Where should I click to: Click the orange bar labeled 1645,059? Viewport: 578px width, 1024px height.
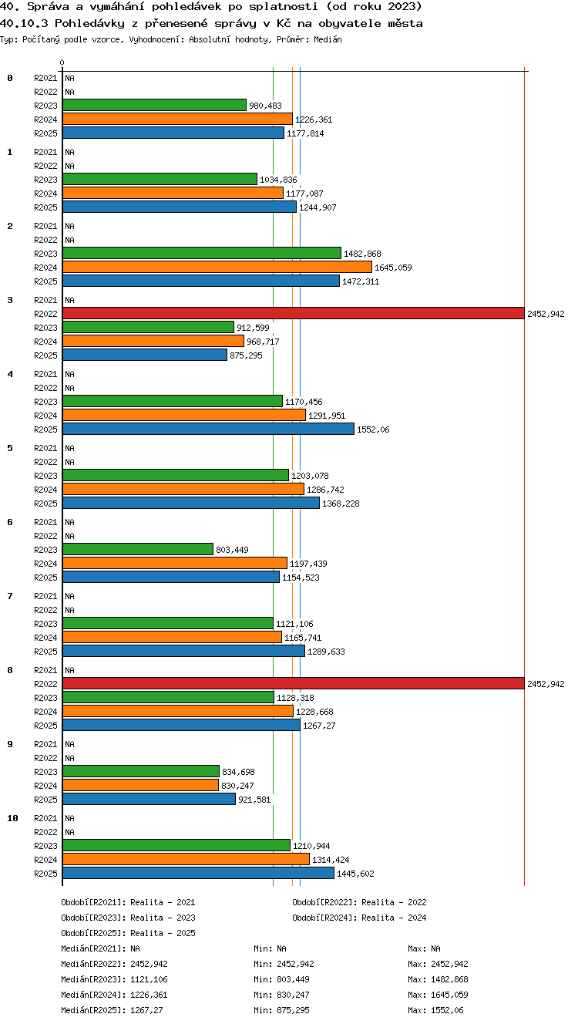click(x=217, y=267)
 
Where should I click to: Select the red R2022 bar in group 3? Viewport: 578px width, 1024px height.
click(x=294, y=313)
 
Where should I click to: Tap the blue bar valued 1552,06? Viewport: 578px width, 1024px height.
click(x=208, y=429)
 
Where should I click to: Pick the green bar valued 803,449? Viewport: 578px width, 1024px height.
click(x=138, y=549)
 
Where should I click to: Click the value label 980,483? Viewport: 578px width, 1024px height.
click(x=265, y=106)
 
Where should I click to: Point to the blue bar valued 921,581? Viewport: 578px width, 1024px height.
click(x=149, y=799)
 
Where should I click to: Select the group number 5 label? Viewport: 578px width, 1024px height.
click(x=10, y=448)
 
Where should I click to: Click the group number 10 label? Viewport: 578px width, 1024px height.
click(x=12, y=818)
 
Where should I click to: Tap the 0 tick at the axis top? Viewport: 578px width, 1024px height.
click(x=62, y=62)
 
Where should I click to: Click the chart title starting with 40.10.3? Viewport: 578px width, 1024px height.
click(x=211, y=23)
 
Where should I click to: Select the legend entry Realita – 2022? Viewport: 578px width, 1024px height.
click(x=359, y=902)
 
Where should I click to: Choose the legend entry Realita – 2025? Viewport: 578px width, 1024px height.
click(x=128, y=932)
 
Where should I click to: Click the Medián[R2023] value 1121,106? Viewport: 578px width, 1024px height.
click(x=149, y=979)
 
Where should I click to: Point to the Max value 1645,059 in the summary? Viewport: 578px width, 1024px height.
click(x=449, y=994)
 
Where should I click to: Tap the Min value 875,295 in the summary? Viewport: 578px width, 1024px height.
click(x=293, y=1010)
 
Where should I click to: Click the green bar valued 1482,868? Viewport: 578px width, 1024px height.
click(x=202, y=253)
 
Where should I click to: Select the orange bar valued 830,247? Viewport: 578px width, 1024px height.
click(x=141, y=785)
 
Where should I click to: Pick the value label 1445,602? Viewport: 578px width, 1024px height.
click(x=355, y=874)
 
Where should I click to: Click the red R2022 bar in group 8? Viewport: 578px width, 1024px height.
click(x=294, y=683)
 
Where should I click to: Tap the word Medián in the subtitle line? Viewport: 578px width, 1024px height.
click(x=328, y=39)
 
